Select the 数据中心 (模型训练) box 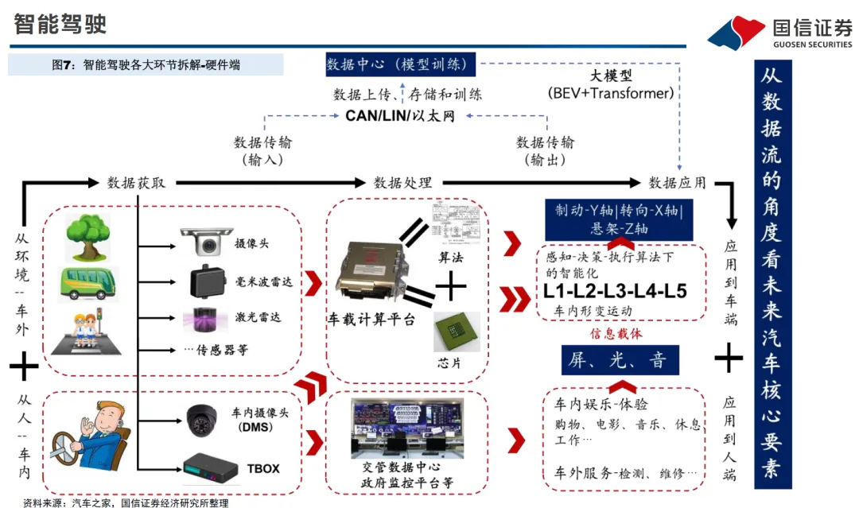(399, 64)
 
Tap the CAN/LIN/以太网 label (400, 116)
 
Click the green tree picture (88, 236)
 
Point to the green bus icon (87, 285)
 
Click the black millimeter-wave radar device (208, 280)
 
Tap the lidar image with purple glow (206, 318)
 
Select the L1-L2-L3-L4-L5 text (616, 290)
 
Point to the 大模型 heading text (610, 76)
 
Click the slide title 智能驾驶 (61, 25)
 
